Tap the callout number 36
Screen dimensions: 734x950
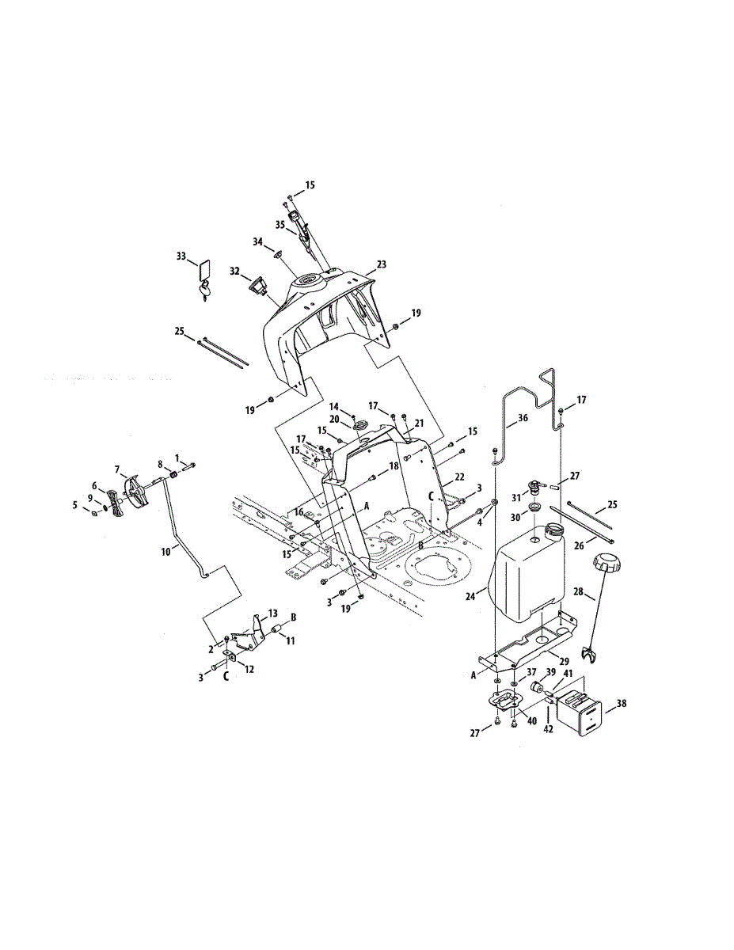click(522, 418)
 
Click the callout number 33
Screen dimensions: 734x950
click(181, 256)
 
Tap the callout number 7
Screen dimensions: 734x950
click(117, 470)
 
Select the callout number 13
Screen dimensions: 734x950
click(272, 614)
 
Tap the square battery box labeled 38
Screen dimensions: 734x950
click(583, 710)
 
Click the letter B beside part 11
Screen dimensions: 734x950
click(293, 615)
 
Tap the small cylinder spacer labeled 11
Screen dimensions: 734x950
click(278, 630)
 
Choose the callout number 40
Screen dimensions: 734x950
click(531, 720)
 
